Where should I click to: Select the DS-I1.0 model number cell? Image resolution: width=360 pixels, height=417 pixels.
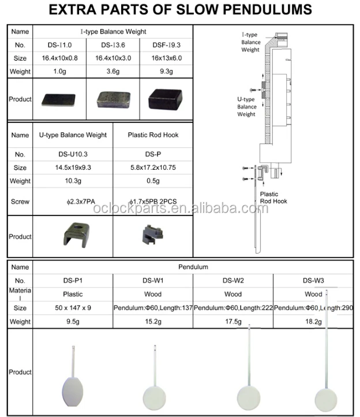click(59, 44)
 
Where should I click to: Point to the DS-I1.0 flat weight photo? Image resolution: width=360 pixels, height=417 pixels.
click(58, 100)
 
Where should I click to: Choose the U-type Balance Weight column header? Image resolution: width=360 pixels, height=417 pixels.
click(73, 135)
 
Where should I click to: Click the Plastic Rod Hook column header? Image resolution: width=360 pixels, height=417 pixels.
click(152, 135)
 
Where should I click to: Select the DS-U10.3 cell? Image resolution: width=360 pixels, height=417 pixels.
click(73, 155)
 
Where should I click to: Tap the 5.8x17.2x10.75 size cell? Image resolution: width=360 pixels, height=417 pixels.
click(152, 168)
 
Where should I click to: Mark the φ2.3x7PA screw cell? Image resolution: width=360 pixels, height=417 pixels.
click(73, 202)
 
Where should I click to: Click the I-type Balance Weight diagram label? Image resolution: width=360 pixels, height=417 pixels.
click(250, 42)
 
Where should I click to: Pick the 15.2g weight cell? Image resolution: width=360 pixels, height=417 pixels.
click(153, 321)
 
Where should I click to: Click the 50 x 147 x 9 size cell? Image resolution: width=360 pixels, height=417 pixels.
click(73, 308)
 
